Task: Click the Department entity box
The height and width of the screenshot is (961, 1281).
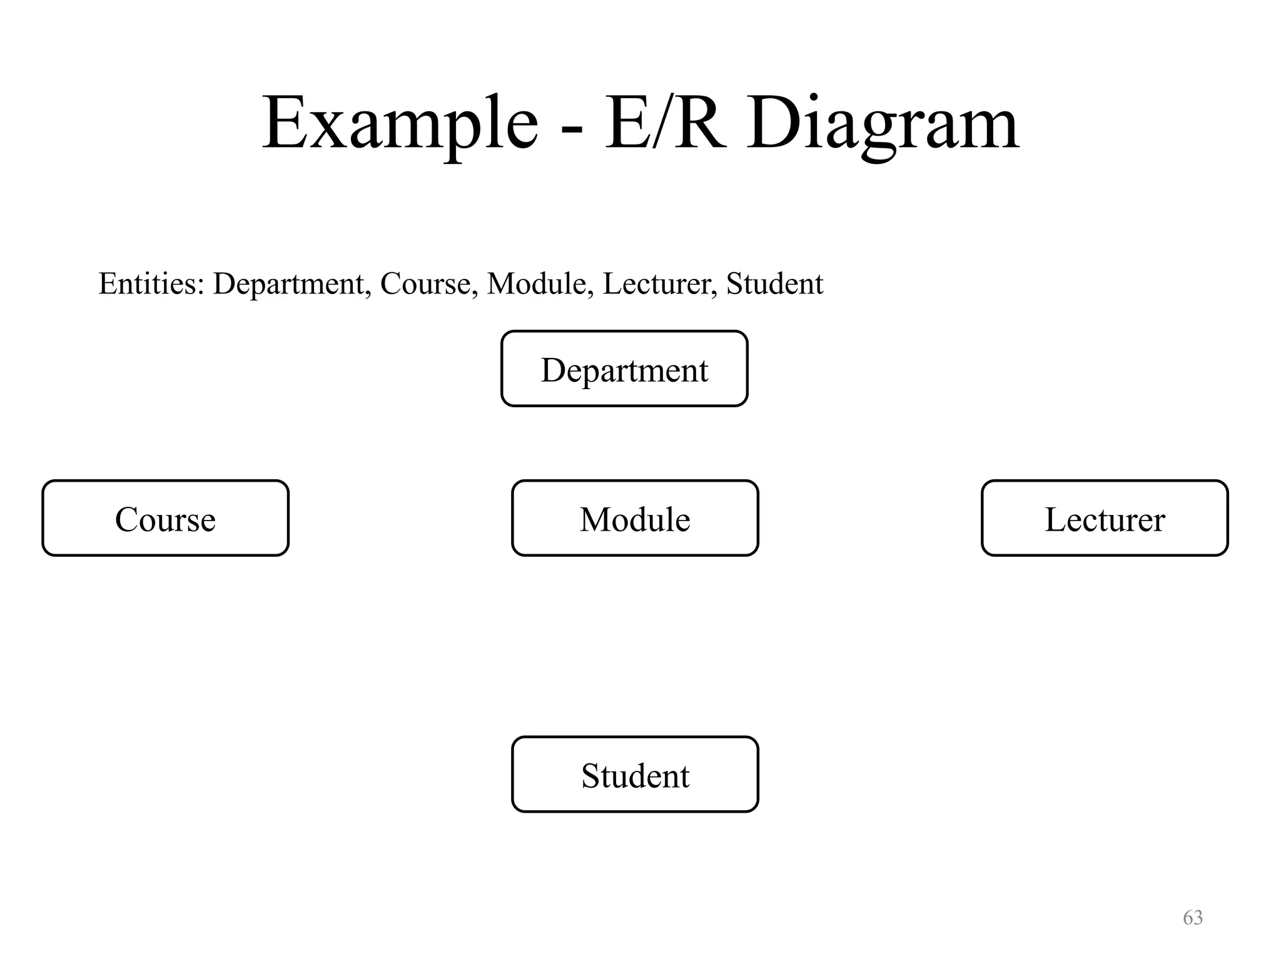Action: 624,369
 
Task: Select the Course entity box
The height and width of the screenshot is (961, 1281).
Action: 165,518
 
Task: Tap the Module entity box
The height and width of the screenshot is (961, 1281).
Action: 635,518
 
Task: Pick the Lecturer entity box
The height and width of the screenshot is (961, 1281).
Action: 1105,518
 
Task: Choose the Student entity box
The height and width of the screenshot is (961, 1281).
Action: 635,775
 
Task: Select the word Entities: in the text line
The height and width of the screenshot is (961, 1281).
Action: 151,283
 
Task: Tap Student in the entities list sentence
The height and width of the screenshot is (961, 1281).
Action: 774,283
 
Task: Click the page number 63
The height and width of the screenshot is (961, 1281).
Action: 1193,917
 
